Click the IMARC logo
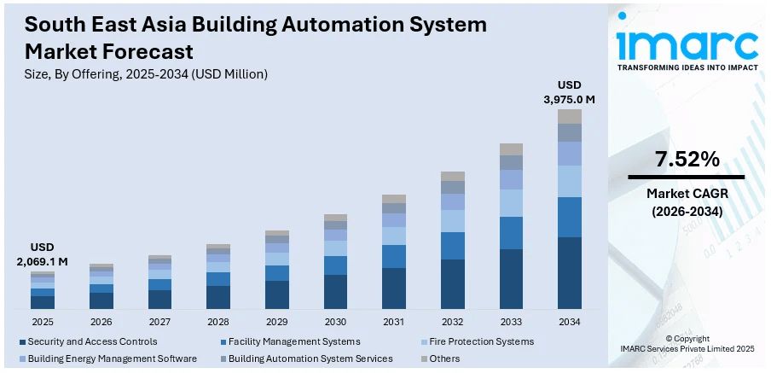687,47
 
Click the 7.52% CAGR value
687,159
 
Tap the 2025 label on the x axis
43,322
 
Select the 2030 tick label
335,322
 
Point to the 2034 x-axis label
570,322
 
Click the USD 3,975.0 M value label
570,92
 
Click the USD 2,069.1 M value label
43,254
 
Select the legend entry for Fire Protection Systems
480,341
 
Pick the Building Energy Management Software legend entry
111,358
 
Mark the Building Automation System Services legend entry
310,358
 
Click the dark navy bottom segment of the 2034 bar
570,272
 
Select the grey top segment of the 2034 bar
570,116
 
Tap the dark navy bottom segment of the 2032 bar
453,283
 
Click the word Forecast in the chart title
145,51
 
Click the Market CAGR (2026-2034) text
687,201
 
